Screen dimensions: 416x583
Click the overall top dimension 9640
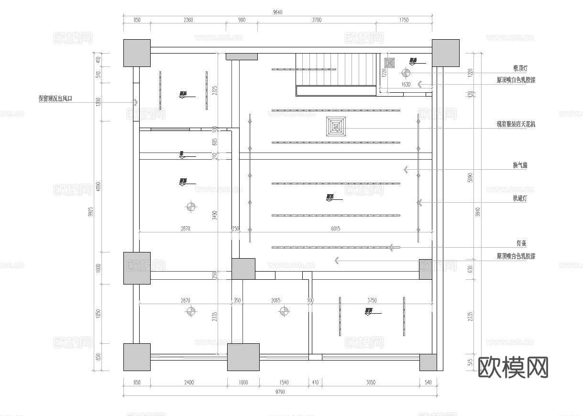click(x=277, y=12)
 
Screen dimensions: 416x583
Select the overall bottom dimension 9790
click(x=280, y=392)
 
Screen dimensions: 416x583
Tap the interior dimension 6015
click(x=335, y=229)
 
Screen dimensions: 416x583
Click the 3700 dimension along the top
click(x=316, y=20)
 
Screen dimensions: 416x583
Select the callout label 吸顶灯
click(x=519, y=69)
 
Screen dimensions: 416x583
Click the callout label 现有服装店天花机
click(x=516, y=124)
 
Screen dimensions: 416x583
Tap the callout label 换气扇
click(x=519, y=165)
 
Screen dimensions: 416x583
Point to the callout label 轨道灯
click(x=519, y=198)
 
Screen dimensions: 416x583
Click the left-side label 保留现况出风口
click(x=58, y=99)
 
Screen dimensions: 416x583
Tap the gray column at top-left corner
click(x=137, y=53)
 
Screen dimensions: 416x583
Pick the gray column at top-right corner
click(x=446, y=53)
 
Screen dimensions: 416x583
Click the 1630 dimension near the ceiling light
click(x=406, y=85)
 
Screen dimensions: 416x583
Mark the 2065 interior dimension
click(x=275, y=301)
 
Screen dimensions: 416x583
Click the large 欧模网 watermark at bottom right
click(x=513, y=367)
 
